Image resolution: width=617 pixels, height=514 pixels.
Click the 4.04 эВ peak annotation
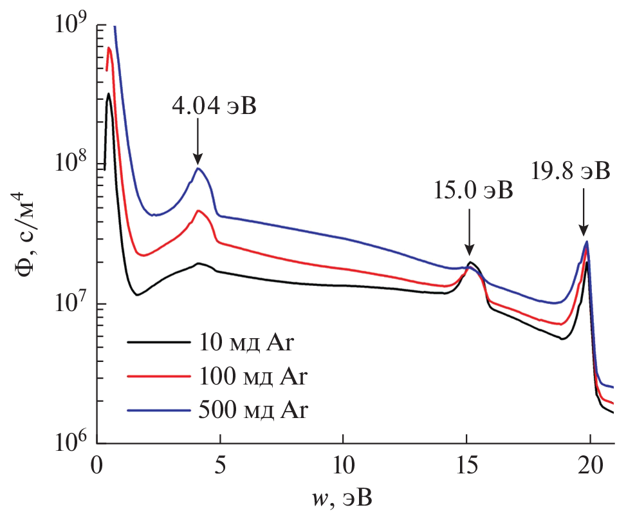pos(214,106)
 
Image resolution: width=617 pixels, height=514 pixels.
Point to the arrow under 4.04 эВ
pos(198,144)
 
